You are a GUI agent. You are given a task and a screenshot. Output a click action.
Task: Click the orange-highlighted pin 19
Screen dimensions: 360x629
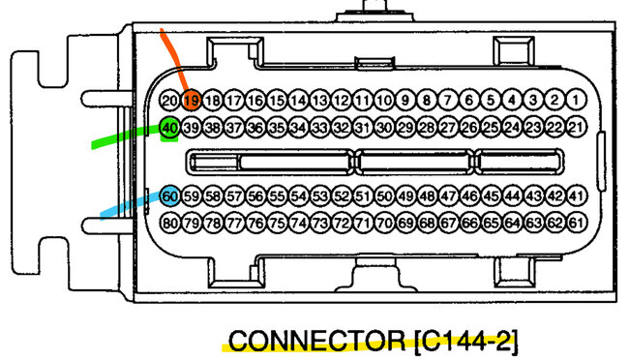click(192, 100)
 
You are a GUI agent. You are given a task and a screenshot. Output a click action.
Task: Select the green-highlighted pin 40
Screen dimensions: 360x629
click(169, 128)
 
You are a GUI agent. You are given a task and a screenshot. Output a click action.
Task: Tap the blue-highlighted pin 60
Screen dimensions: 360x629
click(170, 196)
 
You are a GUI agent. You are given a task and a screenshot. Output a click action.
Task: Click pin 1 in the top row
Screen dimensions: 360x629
click(576, 100)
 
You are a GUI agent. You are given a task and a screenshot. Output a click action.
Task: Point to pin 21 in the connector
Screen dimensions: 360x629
click(576, 128)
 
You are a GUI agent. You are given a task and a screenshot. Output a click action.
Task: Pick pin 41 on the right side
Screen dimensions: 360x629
click(576, 196)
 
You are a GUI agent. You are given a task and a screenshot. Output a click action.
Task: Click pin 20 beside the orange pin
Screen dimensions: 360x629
click(169, 100)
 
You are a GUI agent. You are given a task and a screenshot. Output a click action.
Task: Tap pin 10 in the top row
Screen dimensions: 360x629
click(383, 100)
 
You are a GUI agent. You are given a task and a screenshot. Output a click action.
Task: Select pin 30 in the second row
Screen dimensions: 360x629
click(383, 128)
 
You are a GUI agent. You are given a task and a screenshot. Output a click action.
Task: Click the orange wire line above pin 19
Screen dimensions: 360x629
click(173, 58)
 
